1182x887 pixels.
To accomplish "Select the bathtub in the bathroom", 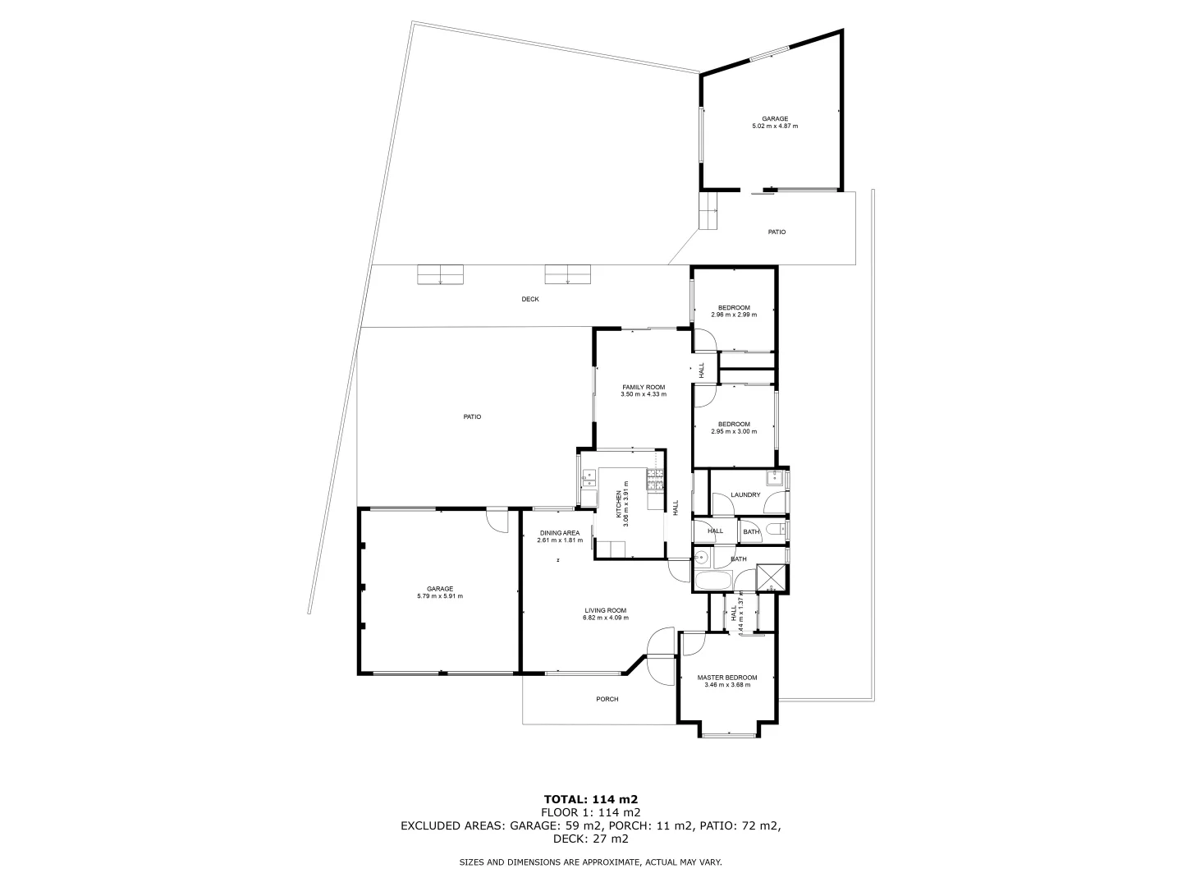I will pos(712,582).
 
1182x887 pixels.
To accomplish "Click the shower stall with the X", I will pos(771,578).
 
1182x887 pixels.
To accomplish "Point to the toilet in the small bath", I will pos(777,532).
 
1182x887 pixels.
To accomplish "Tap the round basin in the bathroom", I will pos(702,558).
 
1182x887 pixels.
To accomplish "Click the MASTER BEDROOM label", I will pos(726,678).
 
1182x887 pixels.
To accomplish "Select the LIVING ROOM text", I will pos(606,610).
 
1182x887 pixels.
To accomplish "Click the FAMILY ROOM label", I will pos(643,387).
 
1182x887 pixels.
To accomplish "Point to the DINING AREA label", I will pos(559,533).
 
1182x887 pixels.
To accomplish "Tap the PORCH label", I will pos(607,699).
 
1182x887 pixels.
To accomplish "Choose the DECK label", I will pos(530,299).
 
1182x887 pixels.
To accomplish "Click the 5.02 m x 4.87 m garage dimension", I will pos(775,126).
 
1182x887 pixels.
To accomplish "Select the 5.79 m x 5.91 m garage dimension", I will pos(440,596).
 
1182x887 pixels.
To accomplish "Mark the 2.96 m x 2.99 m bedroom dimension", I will pos(733,315).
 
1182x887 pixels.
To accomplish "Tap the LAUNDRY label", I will pos(745,494).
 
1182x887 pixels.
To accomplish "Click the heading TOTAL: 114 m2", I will pos(590,798).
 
